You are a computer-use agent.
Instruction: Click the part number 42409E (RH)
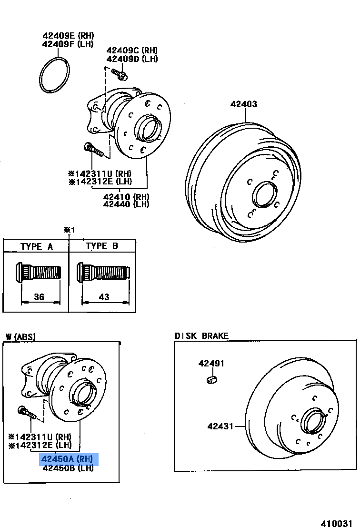(x=68, y=36)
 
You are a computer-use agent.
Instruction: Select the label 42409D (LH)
(x=132, y=59)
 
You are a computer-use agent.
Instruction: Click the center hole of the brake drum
(x=262, y=195)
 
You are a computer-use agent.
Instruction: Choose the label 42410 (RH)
(x=126, y=196)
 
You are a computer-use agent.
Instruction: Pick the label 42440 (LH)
(x=126, y=204)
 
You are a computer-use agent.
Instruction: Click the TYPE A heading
(x=37, y=246)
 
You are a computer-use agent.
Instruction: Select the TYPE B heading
(x=102, y=246)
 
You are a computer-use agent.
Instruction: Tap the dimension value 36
(x=39, y=297)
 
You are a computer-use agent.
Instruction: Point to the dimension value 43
(x=104, y=297)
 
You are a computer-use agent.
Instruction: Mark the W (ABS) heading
(x=20, y=337)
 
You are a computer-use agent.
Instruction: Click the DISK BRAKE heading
(x=201, y=336)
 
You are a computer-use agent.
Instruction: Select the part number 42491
(x=211, y=364)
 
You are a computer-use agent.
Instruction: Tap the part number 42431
(x=220, y=426)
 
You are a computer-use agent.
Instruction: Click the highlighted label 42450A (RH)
(x=69, y=459)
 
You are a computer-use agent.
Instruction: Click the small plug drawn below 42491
(x=212, y=379)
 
